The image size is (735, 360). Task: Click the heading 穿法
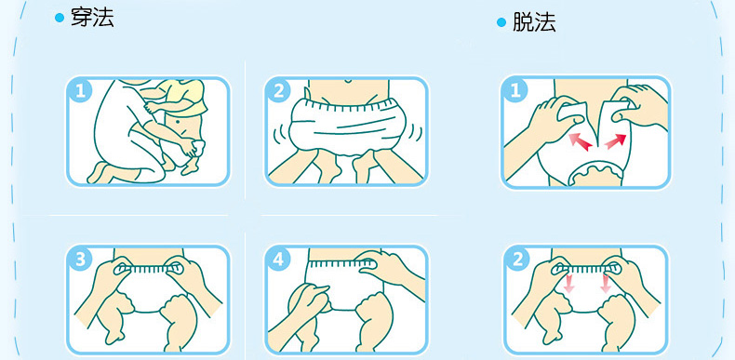pyautogui.click(x=92, y=18)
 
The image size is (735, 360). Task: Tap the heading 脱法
pyautogui.click(x=534, y=22)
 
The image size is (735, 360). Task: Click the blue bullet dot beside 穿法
pyautogui.click(x=59, y=19)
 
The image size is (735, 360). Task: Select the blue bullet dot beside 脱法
pyautogui.click(x=501, y=22)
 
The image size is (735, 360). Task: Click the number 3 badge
pyautogui.click(x=80, y=260)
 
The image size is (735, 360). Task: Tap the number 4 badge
pyautogui.click(x=278, y=260)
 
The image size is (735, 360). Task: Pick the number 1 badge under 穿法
pyautogui.click(x=80, y=91)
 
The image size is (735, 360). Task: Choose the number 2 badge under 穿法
pyautogui.click(x=278, y=91)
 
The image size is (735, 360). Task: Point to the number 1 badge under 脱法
pyautogui.click(x=515, y=91)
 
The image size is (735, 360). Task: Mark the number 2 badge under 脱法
pyautogui.click(x=517, y=260)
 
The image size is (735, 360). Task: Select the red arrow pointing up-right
pyautogui.click(x=616, y=141)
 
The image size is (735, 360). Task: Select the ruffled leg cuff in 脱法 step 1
pyautogui.click(x=595, y=171)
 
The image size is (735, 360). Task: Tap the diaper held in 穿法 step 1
pyautogui.click(x=198, y=148)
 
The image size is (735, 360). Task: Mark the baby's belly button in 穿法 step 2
pyautogui.click(x=346, y=82)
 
